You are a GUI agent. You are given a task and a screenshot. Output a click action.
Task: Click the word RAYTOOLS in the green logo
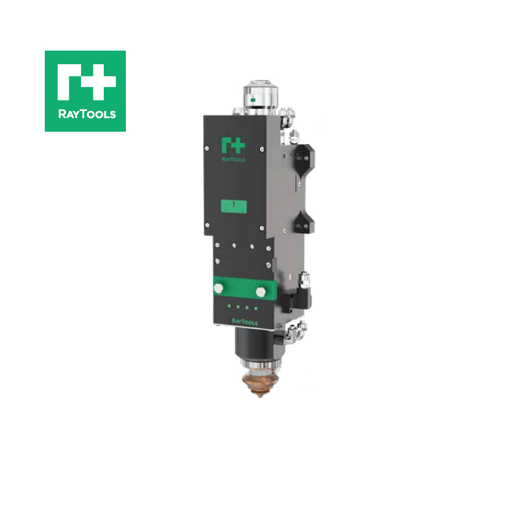[x=85, y=114]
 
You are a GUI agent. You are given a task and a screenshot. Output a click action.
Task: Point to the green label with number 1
[x=233, y=206]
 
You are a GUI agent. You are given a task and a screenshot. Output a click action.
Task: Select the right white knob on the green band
[x=260, y=292]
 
